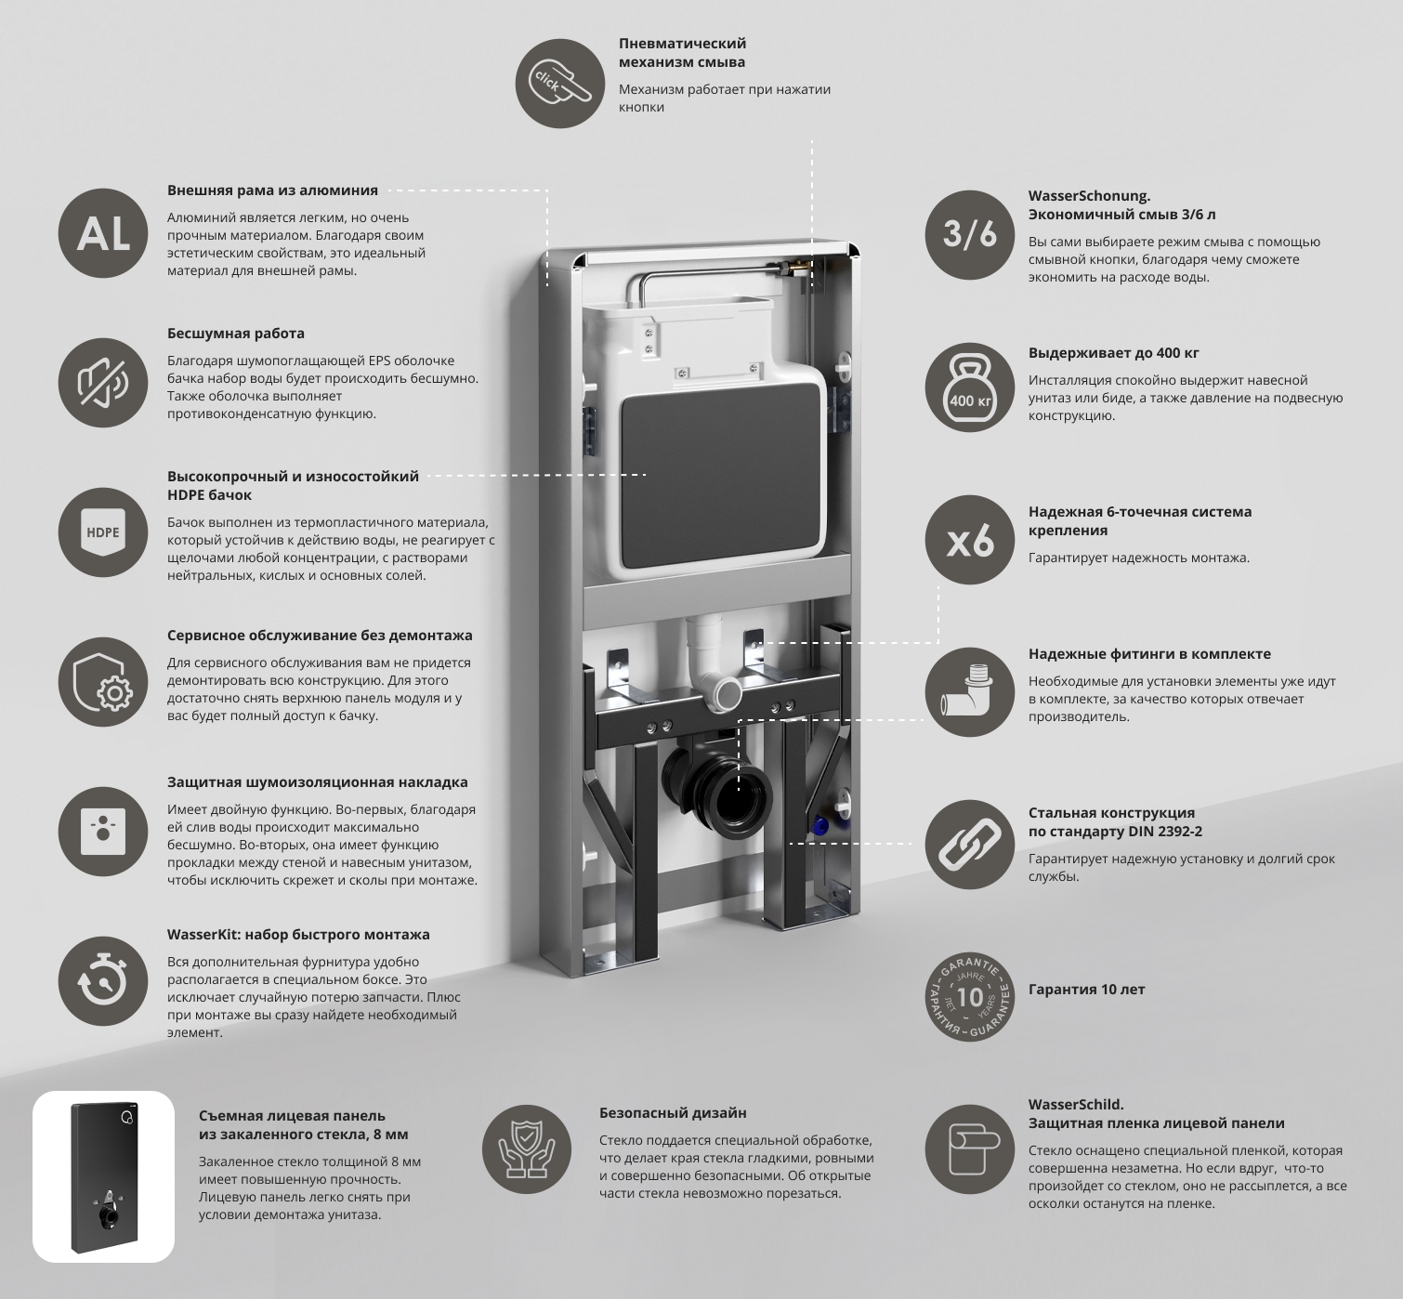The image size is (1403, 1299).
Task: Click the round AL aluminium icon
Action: tap(103, 233)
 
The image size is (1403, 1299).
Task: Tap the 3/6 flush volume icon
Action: tap(970, 235)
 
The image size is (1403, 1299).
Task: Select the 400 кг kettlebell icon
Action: tap(970, 387)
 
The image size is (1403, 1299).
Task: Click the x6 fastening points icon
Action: tap(970, 540)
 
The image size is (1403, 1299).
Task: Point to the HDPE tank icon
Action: tap(103, 532)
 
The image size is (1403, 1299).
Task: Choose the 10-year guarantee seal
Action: tap(970, 997)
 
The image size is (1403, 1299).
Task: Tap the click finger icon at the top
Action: tap(560, 84)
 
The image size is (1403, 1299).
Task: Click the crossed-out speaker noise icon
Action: tap(103, 382)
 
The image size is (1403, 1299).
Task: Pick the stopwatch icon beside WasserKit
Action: tap(103, 981)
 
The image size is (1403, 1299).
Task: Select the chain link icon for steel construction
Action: tap(970, 845)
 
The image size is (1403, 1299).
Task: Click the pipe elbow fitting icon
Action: tap(970, 692)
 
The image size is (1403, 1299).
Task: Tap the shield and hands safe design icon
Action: tap(527, 1150)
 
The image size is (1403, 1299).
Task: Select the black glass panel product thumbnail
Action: tap(104, 1176)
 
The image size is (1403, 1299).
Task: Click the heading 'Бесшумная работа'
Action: tap(236, 333)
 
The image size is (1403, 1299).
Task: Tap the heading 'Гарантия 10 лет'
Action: tap(1086, 990)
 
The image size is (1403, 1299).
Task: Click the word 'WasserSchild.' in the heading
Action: tap(1076, 1104)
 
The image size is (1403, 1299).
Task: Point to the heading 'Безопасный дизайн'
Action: tap(673, 1112)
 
